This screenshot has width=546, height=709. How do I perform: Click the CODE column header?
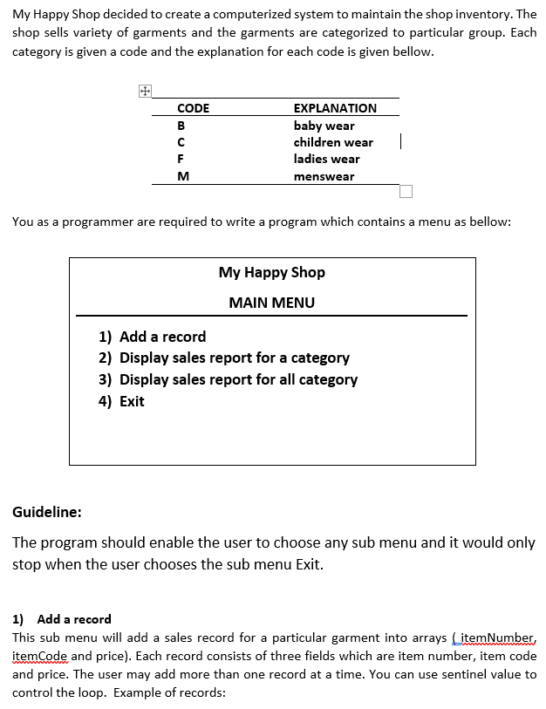(x=193, y=108)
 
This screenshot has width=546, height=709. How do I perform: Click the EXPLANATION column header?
(x=335, y=108)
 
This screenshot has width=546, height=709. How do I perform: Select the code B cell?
(x=181, y=126)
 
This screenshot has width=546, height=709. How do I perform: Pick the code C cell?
(x=181, y=142)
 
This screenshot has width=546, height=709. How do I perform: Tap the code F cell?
(x=181, y=159)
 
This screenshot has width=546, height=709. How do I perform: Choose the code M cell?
(x=182, y=176)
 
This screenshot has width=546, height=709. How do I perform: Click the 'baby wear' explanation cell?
(x=324, y=126)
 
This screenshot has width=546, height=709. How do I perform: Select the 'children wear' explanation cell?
(x=333, y=142)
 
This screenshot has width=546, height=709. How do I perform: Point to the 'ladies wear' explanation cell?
(x=326, y=159)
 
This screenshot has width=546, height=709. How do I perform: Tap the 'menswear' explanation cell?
(x=324, y=176)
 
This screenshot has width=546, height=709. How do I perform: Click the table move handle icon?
(x=145, y=91)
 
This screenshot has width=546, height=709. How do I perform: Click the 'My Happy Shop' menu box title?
(x=271, y=272)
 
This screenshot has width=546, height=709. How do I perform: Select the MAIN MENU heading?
(x=271, y=303)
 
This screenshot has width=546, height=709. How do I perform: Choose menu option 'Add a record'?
(x=162, y=337)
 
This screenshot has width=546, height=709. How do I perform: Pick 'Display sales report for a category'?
(x=234, y=358)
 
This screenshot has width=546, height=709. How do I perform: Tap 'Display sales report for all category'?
(x=238, y=379)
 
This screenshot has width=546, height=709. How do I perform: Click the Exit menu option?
(x=132, y=401)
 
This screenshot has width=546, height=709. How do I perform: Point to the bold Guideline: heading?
(x=47, y=512)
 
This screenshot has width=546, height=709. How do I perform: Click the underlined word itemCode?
(x=39, y=656)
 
